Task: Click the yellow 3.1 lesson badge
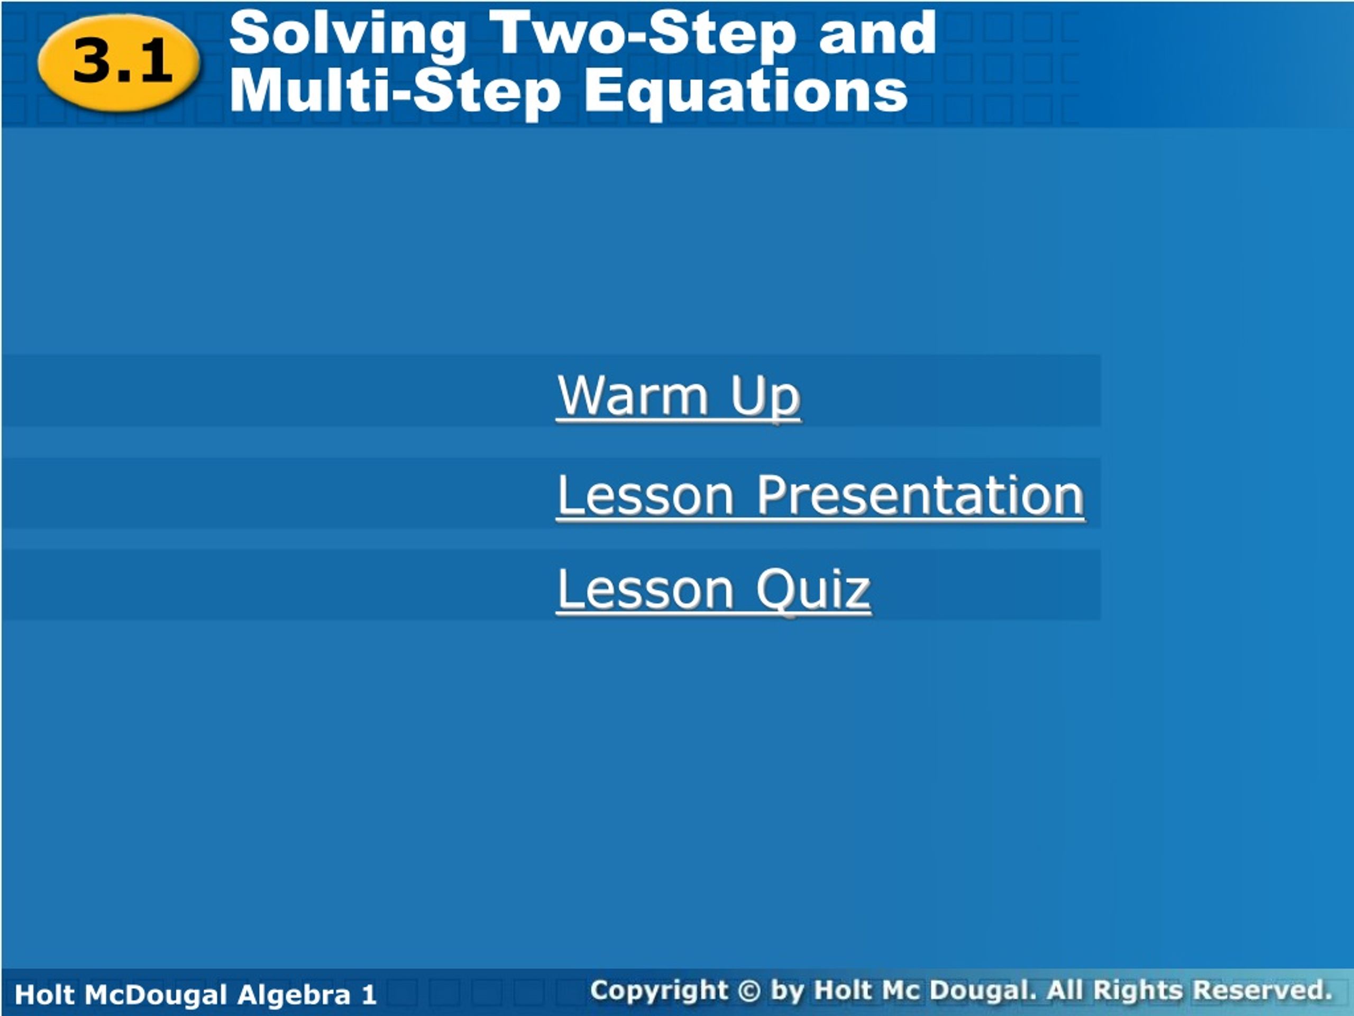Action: [x=120, y=62]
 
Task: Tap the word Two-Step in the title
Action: [x=643, y=34]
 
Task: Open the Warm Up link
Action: [x=678, y=396]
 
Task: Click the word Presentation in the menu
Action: [x=920, y=495]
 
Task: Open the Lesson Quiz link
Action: [x=713, y=589]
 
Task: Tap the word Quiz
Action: [x=813, y=589]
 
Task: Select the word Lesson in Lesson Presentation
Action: [x=645, y=495]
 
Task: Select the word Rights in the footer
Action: [x=1137, y=990]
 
